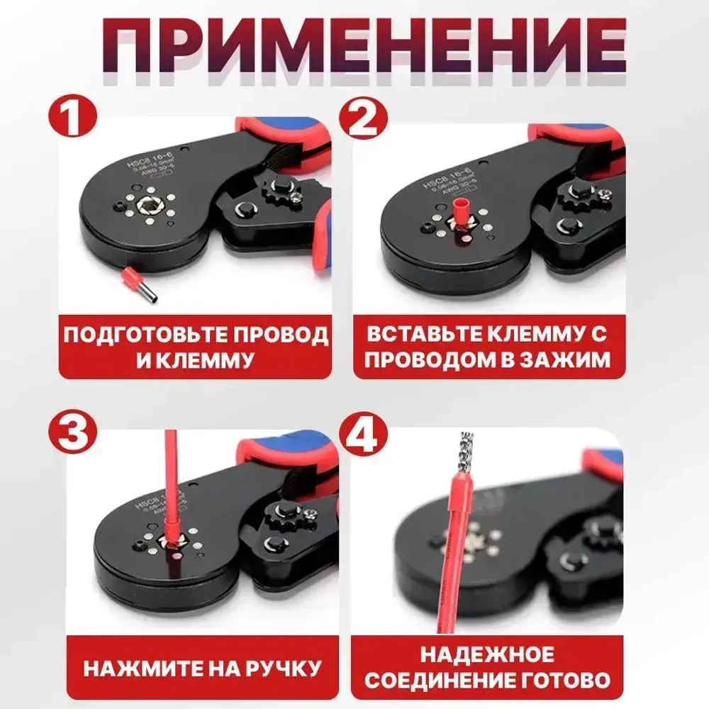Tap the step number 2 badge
[362, 121]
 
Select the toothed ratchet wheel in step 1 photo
[278, 191]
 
